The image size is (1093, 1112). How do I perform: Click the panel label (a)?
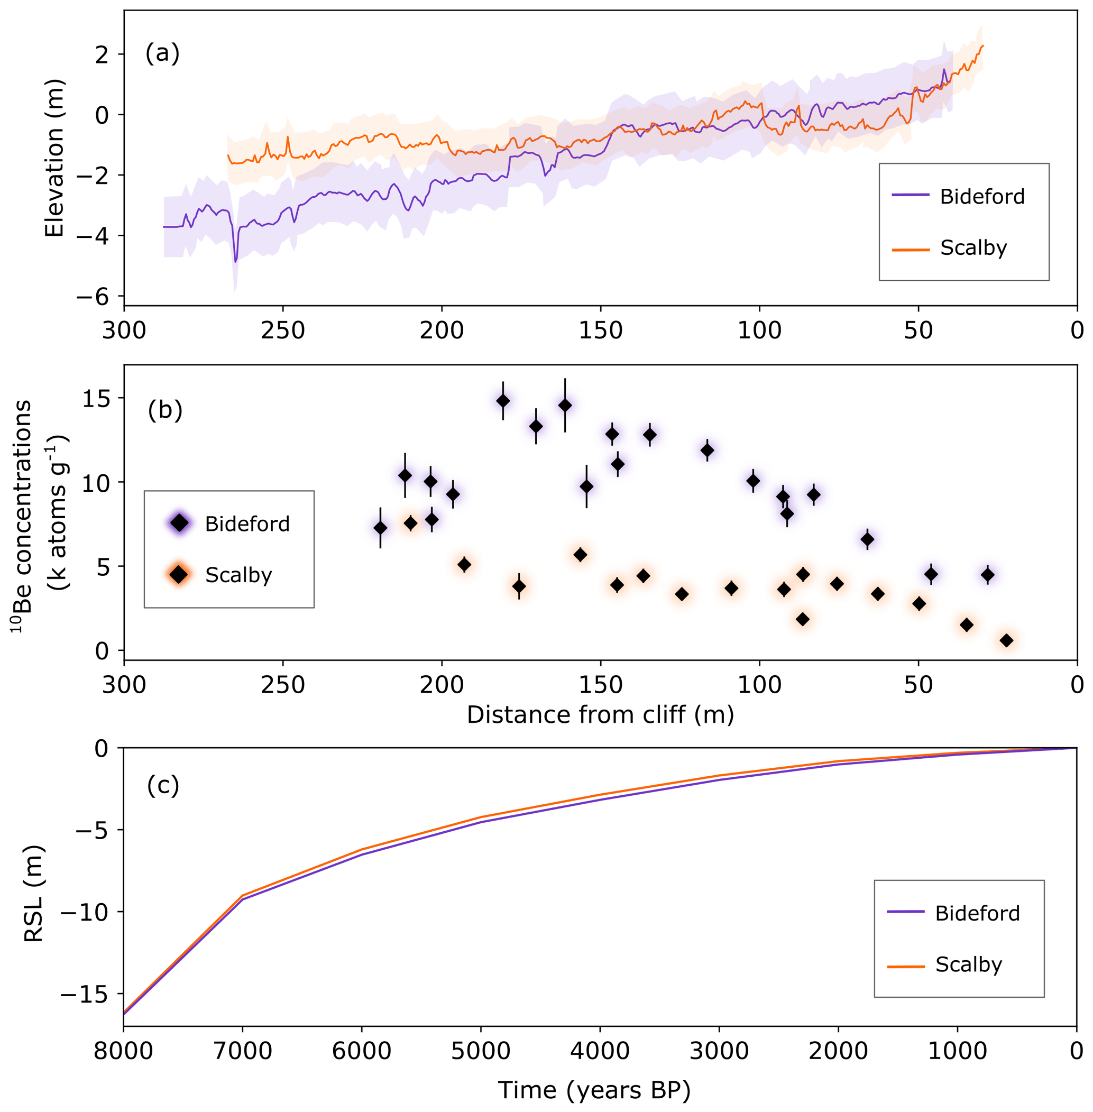tap(162, 53)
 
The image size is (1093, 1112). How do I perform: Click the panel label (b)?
tap(165, 410)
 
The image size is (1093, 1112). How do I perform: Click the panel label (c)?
tap(163, 785)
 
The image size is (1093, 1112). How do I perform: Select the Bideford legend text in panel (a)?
tap(981, 197)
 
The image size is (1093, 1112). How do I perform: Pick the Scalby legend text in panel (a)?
tap(973, 247)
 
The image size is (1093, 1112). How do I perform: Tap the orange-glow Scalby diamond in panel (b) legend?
tap(180, 574)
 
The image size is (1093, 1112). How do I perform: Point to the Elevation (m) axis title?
tap(54, 158)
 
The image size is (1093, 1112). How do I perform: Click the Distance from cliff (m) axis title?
tap(600, 715)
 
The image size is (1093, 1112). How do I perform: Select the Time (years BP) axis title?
tap(594, 1090)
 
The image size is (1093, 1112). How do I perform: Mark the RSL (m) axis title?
tap(34, 893)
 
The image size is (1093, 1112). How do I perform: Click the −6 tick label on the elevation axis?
tap(93, 296)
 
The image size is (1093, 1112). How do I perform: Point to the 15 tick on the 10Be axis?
tap(95, 398)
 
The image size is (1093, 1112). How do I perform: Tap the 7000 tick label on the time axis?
tap(243, 1051)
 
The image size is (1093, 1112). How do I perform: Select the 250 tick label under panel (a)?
tap(283, 330)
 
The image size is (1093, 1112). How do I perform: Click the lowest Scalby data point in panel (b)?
tap(1006, 640)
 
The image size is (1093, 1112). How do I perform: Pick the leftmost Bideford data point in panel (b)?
tap(380, 528)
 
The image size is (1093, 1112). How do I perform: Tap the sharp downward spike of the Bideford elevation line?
tap(235, 262)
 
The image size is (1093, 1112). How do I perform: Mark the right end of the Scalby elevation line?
tap(983, 46)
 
